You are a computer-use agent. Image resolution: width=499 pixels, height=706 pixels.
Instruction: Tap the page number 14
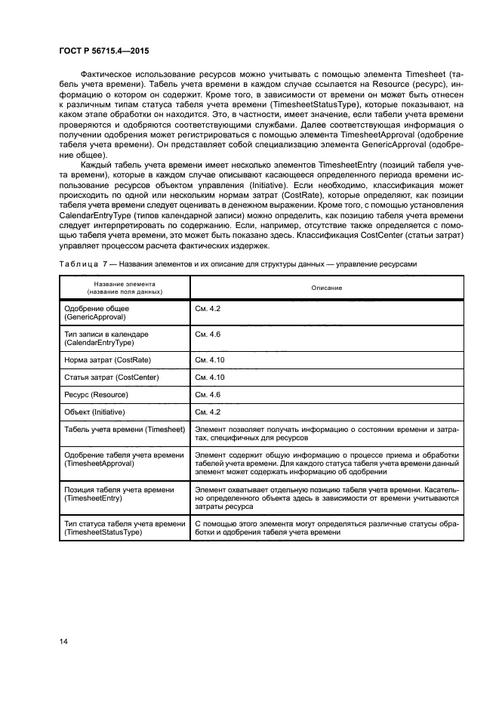63,642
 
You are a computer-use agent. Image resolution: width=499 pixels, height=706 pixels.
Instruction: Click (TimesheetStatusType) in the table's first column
103,532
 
